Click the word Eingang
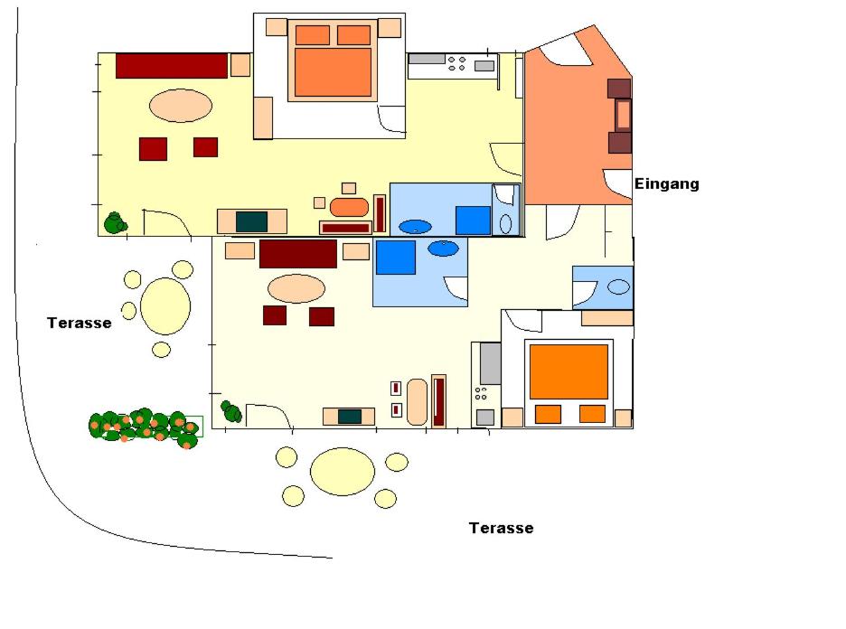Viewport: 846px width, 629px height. click(666, 184)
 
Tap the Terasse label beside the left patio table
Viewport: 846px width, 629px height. click(80, 323)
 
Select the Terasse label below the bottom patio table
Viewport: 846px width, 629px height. click(502, 528)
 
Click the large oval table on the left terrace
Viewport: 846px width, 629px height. click(165, 305)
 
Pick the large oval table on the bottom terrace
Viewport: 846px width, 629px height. click(342, 472)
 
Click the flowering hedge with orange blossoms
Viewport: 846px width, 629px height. click(145, 427)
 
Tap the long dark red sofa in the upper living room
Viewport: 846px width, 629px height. click(172, 66)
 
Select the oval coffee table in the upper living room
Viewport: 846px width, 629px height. click(181, 106)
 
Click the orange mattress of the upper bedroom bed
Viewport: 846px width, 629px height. click(333, 72)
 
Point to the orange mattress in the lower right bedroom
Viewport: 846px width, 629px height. click(569, 371)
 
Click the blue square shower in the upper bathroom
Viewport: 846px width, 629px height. click(473, 221)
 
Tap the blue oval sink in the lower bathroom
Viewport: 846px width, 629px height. click(444, 249)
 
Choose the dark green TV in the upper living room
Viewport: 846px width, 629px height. click(251, 221)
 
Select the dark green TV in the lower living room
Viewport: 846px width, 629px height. click(350, 417)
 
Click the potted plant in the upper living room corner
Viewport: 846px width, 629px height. click(116, 223)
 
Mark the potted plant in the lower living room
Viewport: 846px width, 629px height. click(232, 411)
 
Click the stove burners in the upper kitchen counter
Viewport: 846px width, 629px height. click(456, 63)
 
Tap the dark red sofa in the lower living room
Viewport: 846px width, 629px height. click(298, 254)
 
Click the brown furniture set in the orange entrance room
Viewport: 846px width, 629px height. click(619, 116)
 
